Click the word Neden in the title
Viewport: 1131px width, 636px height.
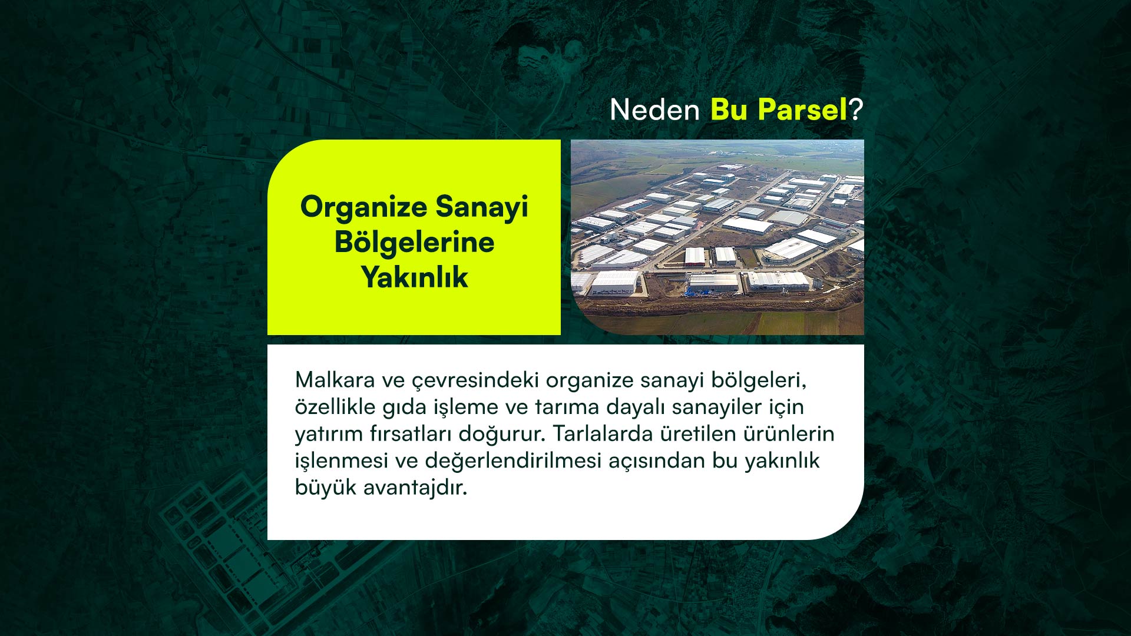tap(654, 110)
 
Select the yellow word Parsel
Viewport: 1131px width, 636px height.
tap(802, 110)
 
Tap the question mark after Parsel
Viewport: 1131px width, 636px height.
tap(856, 110)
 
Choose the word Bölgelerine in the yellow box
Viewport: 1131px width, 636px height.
tap(414, 243)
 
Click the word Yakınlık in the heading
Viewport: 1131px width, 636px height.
tap(414, 277)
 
